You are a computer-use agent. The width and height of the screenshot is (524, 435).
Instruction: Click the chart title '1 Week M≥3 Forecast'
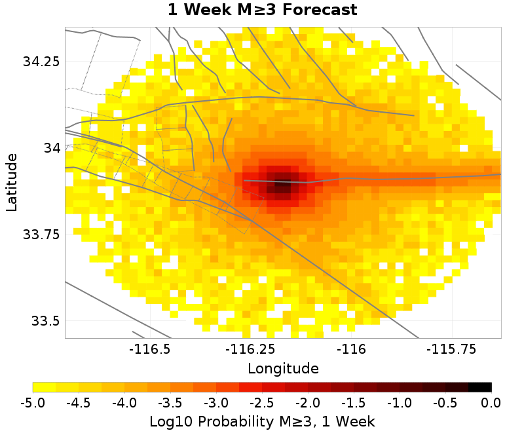pos(262,10)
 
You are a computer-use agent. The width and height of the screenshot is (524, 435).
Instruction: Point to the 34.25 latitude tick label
pos(41,62)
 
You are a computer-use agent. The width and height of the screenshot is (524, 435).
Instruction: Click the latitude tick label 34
pos(51,148)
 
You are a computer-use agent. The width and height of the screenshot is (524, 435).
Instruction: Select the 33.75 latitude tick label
pos(41,235)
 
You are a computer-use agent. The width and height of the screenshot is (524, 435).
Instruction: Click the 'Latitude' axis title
pos(11,183)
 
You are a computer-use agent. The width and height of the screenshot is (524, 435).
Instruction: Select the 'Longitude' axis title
pos(283,368)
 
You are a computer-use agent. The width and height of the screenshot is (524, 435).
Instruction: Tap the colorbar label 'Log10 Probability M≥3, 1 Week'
pos(262,420)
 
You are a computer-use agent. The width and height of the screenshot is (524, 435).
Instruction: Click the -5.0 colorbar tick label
pos(33,402)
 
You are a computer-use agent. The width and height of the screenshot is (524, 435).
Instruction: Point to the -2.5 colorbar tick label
pos(262,402)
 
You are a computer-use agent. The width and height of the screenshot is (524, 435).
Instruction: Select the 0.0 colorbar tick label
pos(491,402)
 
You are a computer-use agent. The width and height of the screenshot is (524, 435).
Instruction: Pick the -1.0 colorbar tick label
pos(400,402)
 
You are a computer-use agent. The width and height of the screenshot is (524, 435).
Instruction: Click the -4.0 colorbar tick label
pos(124,402)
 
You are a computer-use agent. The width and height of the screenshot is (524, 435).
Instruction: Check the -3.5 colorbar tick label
pos(170,402)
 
